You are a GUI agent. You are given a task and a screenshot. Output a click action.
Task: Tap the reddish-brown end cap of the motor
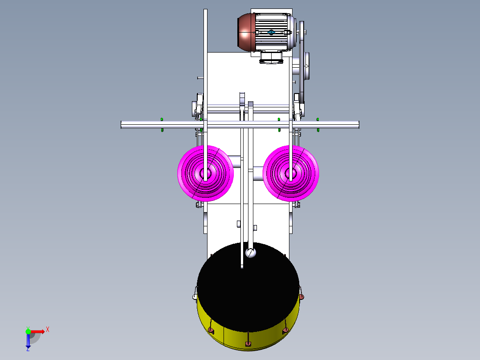tap(246, 32)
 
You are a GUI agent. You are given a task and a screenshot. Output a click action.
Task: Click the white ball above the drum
tap(251, 253)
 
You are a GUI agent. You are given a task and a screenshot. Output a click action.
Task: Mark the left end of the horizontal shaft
tap(122, 125)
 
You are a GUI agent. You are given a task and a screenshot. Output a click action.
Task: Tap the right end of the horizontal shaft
tap(358, 125)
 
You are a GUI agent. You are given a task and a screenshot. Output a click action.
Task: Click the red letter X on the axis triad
tap(48, 330)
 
